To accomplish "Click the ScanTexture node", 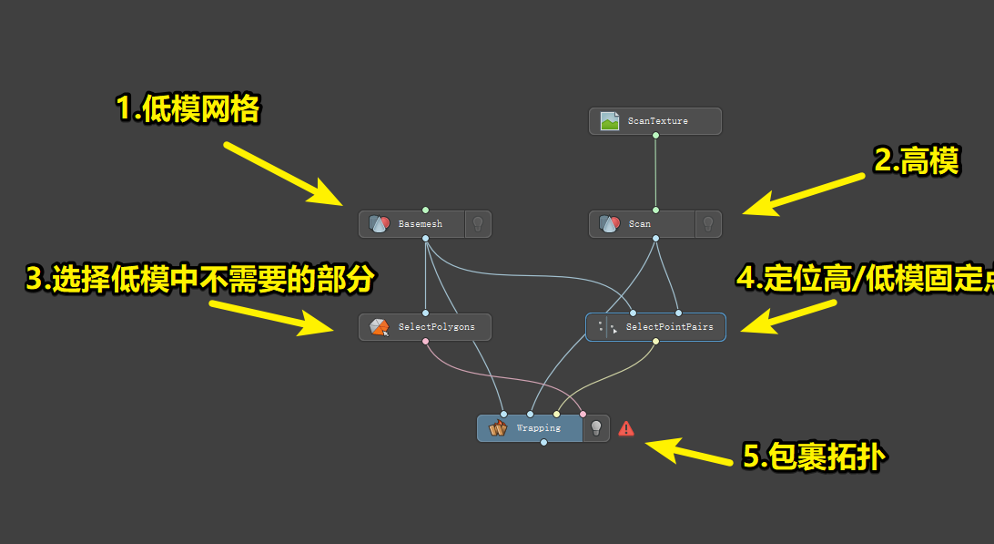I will click(655, 121).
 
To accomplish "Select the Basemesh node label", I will click(420, 224).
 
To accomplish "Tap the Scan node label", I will click(640, 224).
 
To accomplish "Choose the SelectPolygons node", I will click(425, 327).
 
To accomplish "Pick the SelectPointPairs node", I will click(655, 327).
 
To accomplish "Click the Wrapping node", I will click(530, 428).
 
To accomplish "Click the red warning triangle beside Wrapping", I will click(626, 427).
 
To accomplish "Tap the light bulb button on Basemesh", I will click(478, 224).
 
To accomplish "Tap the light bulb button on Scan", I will click(708, 224).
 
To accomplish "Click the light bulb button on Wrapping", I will click(596, 427).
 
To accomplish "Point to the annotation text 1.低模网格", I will click(188, 109).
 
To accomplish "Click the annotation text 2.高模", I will click(916, 161).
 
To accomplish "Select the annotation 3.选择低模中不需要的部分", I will click(200, 280).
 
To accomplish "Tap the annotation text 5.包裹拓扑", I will click(812, 456).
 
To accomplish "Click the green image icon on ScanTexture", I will click(610, 121).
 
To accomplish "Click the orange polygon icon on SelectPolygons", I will click(380, 327).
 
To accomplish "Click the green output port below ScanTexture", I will click(655, 136).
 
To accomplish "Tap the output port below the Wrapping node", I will click(543, 443).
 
